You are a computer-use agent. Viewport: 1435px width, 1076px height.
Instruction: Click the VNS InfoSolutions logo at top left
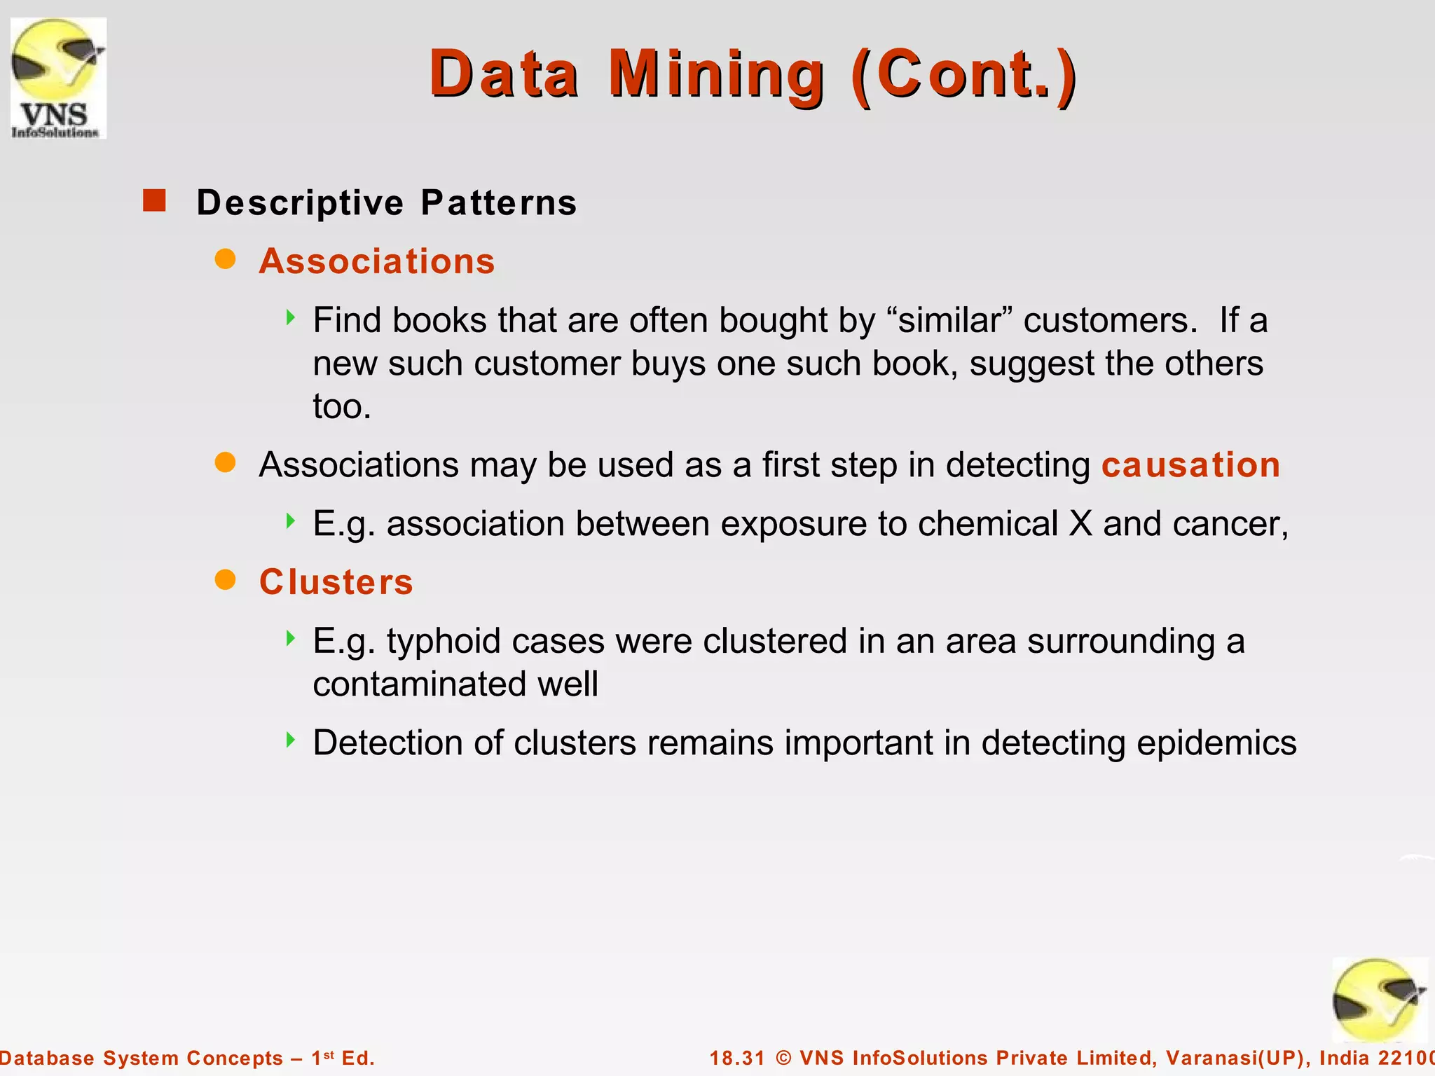[x=58, y=78]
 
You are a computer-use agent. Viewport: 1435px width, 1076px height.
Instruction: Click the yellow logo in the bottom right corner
[x=1379, y=1000]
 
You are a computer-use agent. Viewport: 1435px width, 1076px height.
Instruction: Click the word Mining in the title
[x=716, y=74]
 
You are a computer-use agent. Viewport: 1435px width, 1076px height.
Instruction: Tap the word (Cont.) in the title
[x=964, y=74]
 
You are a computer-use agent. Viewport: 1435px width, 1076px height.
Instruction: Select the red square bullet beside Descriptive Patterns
[x=154, y=201]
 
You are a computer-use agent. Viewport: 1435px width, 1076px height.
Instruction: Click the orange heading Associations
[x=377, y=261]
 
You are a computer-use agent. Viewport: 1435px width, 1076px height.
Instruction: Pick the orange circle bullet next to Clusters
[x=225, y=580]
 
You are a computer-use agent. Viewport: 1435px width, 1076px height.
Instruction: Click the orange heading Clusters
[x=336, y=582]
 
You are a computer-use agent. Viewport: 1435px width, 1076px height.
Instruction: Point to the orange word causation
[x=1190, y=465]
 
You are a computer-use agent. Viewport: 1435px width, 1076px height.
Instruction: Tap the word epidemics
[x=1216, y=743]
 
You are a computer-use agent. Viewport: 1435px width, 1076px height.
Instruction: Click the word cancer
[x=1230, y=524]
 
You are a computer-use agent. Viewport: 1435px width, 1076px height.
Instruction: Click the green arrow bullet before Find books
[x=291, y=318]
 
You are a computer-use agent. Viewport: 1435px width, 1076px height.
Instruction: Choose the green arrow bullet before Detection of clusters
[x=291, y=740]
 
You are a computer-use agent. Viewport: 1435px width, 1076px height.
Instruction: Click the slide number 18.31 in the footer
[x=737, y=1058]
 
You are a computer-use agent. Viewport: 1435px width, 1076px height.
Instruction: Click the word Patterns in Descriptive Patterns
[x=499, y=203]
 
